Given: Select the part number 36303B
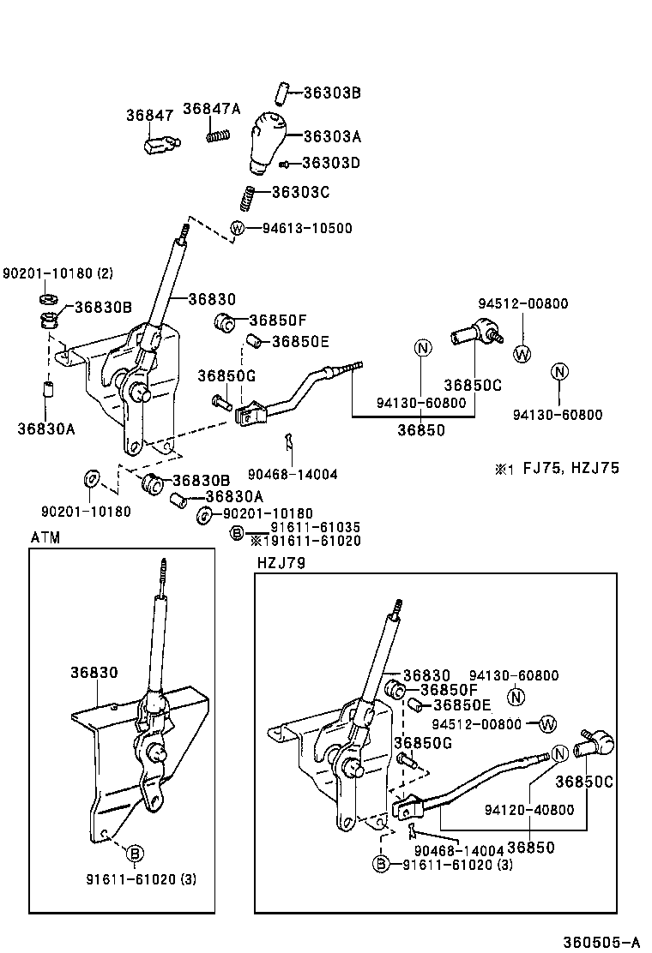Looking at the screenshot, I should click(x=332, y=93).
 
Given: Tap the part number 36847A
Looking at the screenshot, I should click(x=212, y=108).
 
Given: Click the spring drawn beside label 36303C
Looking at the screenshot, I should click(x=247, y=199).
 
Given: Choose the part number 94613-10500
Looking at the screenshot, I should click(x=301, y=229).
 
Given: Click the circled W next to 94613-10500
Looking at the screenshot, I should click(x=238, y=228).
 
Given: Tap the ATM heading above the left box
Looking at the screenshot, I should click(x=45, y=537).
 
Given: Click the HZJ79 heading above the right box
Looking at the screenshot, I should click(x=281, y=562).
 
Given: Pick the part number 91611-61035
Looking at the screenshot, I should click(x=315, y=527).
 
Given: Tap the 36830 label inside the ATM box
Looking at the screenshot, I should click(x=94, y=674).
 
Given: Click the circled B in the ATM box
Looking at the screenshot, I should click(x=135, y=853).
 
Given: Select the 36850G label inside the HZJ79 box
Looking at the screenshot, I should click(x=422, y=742).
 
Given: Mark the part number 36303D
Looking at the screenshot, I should click(x=331, y=163).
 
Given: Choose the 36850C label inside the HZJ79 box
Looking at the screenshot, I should click(x=584, y=782).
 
